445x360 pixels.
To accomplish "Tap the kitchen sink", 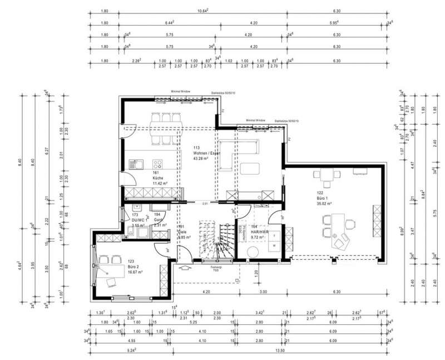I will [136, 164].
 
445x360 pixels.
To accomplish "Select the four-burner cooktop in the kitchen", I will [157, 164].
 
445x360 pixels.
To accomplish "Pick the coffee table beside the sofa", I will [253, 169].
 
